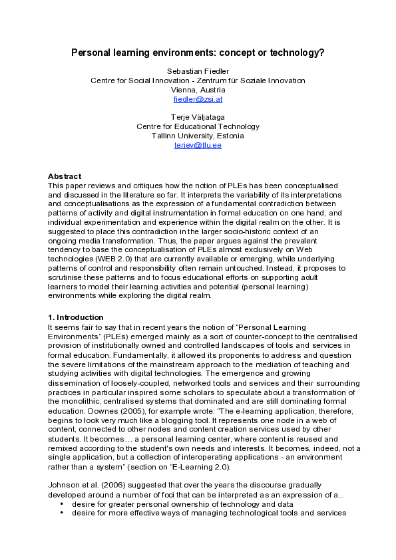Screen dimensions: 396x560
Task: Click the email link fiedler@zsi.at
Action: point(198,99)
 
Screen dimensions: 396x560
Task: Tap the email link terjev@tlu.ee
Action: point(198,145)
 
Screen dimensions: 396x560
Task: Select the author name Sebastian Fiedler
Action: point(198,71)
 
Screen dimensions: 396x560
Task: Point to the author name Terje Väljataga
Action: point(198,117)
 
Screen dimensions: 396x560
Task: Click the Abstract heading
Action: point(65,176)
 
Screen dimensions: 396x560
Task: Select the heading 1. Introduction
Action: point(75,318)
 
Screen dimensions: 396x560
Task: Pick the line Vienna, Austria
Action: point(198,90)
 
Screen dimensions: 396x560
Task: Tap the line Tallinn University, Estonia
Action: point(198,136)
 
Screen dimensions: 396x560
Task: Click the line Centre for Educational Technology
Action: point(198,126)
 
